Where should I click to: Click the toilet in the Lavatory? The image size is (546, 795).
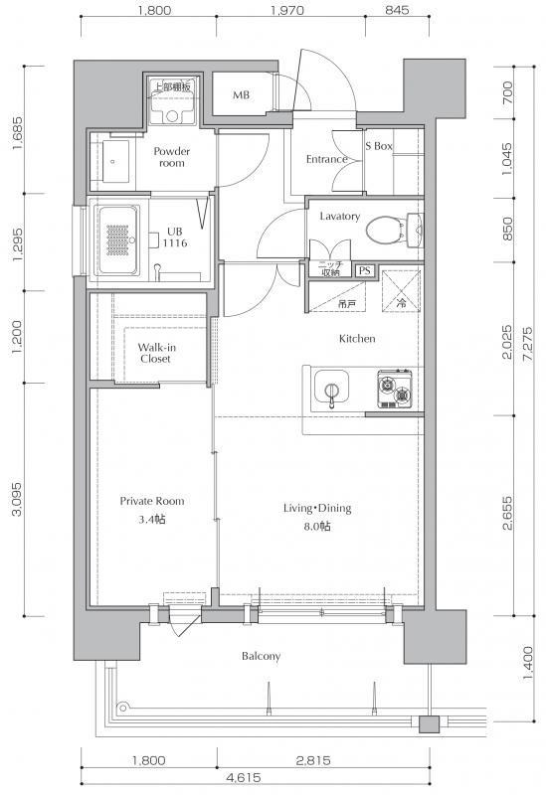pyautogui.click(x=394, y=231)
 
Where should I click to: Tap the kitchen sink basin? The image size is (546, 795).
pyautogui.click(x=331, y=386)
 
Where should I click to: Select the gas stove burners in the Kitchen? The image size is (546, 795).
pyautogui.click(x=394, y=389)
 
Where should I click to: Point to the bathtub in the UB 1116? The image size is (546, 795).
pyautogui.click(x=117, y=239)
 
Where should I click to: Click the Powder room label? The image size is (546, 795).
pyautogui.click(x=171, y=157)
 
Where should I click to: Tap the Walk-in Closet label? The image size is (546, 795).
pyautogui.click(x=156, y=353)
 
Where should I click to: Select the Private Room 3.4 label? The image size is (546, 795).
pyautogui.click(x=152, y=510)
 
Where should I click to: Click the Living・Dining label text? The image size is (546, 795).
pyautogui.click(x=317, y=508)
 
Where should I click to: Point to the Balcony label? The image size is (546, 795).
pyautogui.click(x=261, y=656)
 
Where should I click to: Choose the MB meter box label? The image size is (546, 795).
pyautogui.click(x=241, y=94)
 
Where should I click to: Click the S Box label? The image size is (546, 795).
pyautogui.click(x=379, y=146)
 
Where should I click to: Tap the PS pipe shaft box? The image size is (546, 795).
pyautogui.click(x=364, y=270)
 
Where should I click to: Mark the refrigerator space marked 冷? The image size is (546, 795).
pyautogui.click(x=401, y=291)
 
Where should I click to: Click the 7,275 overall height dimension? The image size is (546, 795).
pyautogui.click(x=528, y=344)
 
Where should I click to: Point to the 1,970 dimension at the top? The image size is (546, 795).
pyautogui.click(x=287, y=10)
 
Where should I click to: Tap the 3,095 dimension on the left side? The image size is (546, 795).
pyautogui.click(x=17, y=499)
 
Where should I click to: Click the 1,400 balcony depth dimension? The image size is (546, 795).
pyautogui.click(x=528, y=664)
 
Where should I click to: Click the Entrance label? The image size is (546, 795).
pyautogui.click(x=327, y=159)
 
